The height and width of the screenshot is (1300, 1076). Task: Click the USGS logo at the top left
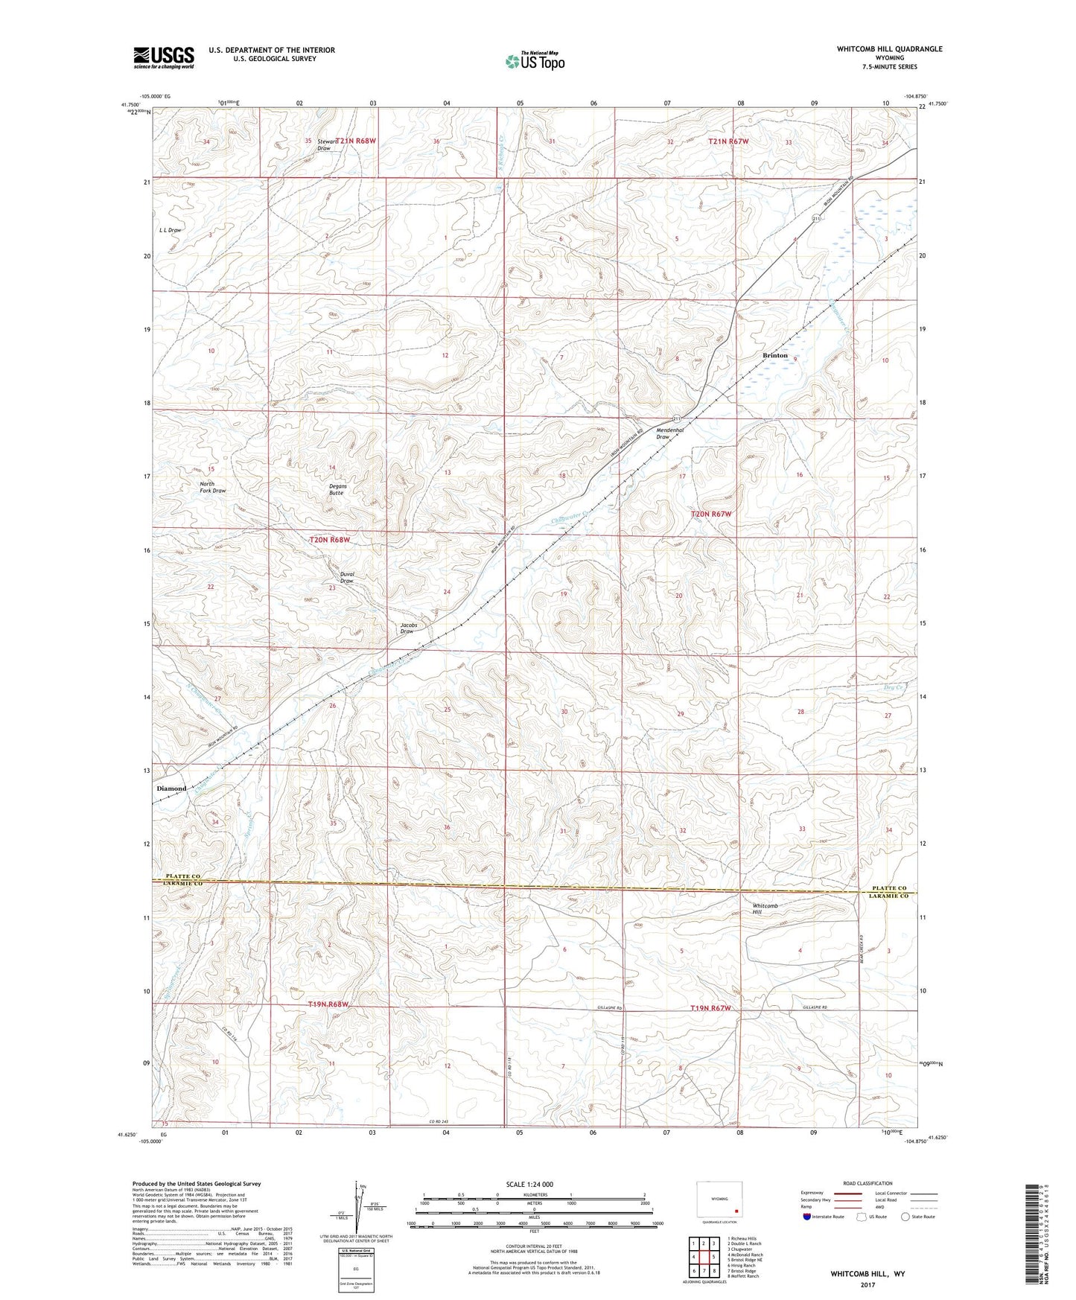[x=164, y=57]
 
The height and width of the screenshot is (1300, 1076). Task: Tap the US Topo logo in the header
[x=533, y=61]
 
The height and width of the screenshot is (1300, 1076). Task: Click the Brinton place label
[x=774, y=356]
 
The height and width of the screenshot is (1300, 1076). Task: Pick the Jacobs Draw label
[x=407, y=628]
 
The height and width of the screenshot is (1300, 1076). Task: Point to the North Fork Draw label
[x=212, y=487]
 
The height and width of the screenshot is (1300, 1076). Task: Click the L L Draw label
[x=170, y=230]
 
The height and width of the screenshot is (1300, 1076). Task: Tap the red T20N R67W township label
[x=711, y=514]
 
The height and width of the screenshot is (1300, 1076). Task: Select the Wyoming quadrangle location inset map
[x=719, y=1202]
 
